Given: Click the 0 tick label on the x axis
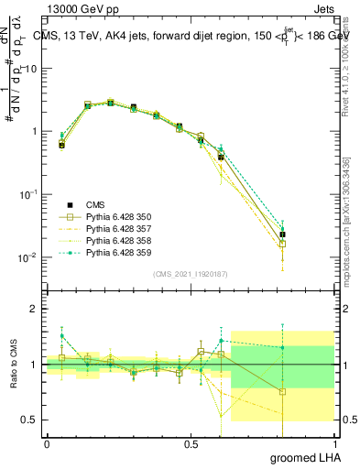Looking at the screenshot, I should pos(47,443).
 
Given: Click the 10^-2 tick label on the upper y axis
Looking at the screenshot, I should pos(27,257).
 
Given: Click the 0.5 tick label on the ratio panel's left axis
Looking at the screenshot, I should pos(28,420).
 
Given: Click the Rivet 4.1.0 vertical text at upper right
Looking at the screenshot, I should pos(347,55).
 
